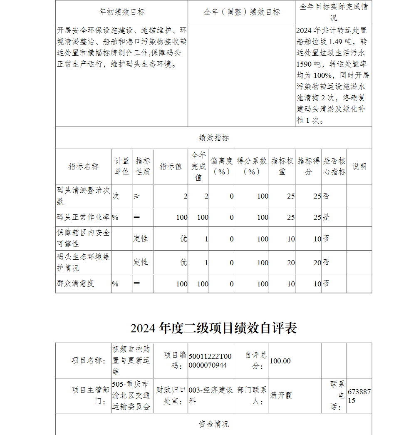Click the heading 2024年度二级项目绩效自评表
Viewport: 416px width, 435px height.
click(x=213, y=328)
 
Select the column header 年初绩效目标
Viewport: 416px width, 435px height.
click(x=121, y=12)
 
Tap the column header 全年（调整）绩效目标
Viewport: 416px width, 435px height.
click(x=241, y=12)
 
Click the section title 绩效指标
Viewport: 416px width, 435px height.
click(x=213, y=138)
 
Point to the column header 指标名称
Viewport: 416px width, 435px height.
click(x=83, y=167)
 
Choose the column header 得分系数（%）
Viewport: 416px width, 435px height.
click(x=251, y=167)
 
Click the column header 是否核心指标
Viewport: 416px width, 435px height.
click(x=334, y=167)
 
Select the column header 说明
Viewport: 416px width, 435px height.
click(x=359, y=167)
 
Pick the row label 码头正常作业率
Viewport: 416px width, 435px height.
click(x=83, y=217)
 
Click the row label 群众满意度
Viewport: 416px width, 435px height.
click(x=76, y=283)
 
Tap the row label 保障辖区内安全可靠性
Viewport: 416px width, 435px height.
click(x=83, y=239)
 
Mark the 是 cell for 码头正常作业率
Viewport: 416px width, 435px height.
click(x=326, y=217)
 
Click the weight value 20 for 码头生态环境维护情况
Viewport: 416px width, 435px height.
click(x=291, y=263)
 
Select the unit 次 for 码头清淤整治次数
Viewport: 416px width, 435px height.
click(x=116, y=196)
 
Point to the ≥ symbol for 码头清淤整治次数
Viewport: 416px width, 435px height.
click(x=137, y=196)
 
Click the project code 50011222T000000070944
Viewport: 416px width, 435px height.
click(x=210, y=361)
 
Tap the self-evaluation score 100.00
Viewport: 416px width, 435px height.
click(x=280, y=361)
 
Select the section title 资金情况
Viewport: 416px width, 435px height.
click(x=213, y=424)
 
